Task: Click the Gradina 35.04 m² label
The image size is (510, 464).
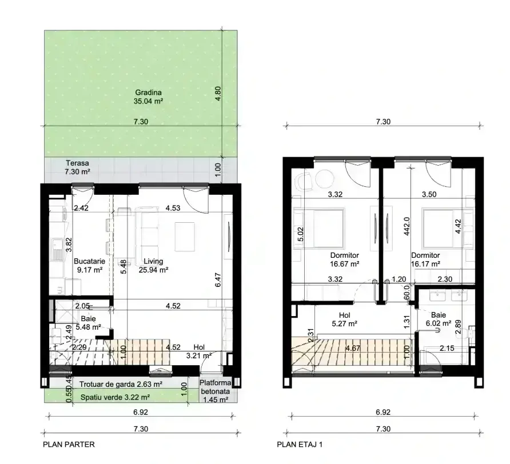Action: [x=148, y=97]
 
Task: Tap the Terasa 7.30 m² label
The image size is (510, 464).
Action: [x=77, y=167]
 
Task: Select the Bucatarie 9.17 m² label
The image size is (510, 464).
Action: [x=89, y=265]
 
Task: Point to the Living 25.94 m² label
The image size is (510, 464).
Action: [x=154, y=265]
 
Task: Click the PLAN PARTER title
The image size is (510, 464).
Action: [x=69, y=444]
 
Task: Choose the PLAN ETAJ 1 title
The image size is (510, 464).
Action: [x=300, y=444]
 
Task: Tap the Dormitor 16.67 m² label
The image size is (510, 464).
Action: [x=344, y=259]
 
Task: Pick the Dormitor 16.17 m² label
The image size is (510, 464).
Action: [x=425, y=259]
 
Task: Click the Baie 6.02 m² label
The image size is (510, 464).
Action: [x=439, y=319]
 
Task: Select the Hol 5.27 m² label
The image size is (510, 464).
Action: [x=344, y=319]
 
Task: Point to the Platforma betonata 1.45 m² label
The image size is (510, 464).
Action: [x=216, y=391]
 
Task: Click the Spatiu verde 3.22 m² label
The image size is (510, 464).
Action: [x=115, y=397]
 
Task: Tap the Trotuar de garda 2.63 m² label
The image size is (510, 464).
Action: [x=121, y=385]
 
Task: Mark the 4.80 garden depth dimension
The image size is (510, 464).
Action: [x=218, y=93]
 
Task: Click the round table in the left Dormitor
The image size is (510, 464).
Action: [x=324, y=179]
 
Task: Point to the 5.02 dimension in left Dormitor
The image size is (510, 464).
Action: [x=301, y=234]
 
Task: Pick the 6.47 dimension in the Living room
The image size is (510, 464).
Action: [x=218, y=279]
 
